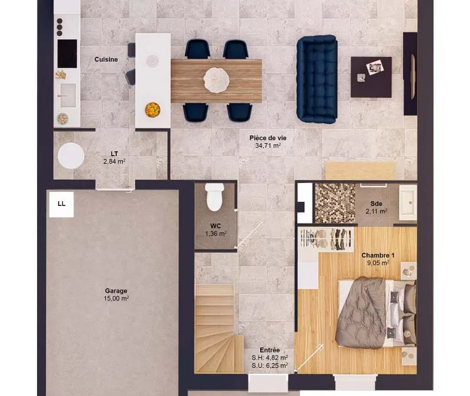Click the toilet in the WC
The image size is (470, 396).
pyautogui.click(x=214, y=197)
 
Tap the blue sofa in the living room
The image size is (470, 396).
pyautogui.click(x=317, y=79)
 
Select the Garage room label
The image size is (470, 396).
pyautogui.click(x=116, y=290)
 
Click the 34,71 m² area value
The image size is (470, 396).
pyautogui.click(x=268, y=145)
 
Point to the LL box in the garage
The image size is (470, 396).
pyautogui.click(x=62, y=204)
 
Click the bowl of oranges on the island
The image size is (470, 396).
pyautogui.click(x=152, y=110)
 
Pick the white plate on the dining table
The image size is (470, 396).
pyautogui.click(x=216, y=80)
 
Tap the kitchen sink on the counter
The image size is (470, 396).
pyautogui.click(x=68, y=95)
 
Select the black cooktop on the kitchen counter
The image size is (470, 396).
pyautogui.click(x=67, y=53)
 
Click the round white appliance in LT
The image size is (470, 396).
pyautogui.click(x=71, y=155)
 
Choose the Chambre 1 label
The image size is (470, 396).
pyautogui.click(x=378, y=255)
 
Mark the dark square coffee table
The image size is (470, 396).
pyautogui.click(x=371, y=77)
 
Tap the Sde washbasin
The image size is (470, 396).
pyautogui.click(x=408, y=200)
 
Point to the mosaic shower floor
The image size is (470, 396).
pyautogui.click(x=335, y=203)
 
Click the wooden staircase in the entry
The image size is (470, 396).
pyautogui.click(x=216, y=329)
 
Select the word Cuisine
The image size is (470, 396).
pyautogui.click(x=106, y=60)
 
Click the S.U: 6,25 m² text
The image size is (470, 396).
pyautogui.click(x=270, y=365)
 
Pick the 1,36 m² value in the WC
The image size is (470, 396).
pyautogui.click(x=216, y=233)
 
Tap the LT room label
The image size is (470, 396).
pyautogui.click(x=114, y=154)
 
